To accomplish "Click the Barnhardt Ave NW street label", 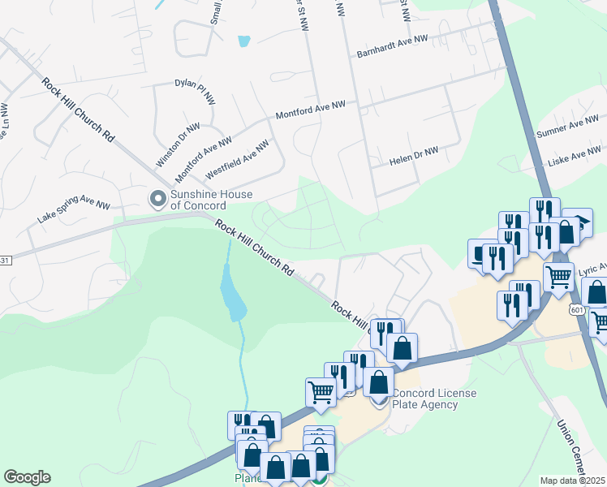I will pos(392,48).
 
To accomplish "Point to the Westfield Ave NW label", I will pos(236,160).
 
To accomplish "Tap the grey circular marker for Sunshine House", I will pos(156,197).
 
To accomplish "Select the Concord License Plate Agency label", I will pos(435,399).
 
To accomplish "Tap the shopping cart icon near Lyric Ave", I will pos(558,277).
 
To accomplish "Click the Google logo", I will pos(27,477).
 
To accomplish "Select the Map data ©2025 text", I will pos(573,481).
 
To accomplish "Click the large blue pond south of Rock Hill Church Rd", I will pos(232,295).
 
